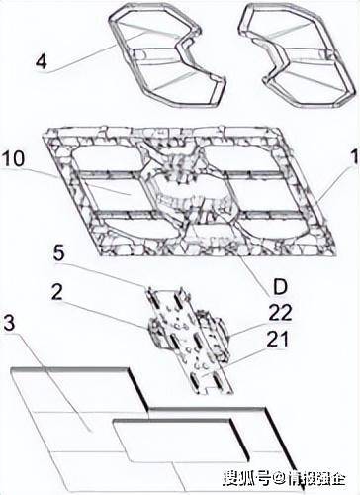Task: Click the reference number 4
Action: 42,62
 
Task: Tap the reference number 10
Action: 13,158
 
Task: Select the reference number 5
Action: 59,253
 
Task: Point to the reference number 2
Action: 57,291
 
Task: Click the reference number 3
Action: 9,324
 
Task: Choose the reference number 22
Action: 281,312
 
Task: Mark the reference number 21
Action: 278,339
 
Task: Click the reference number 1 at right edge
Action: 355,157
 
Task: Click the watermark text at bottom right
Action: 285,479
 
